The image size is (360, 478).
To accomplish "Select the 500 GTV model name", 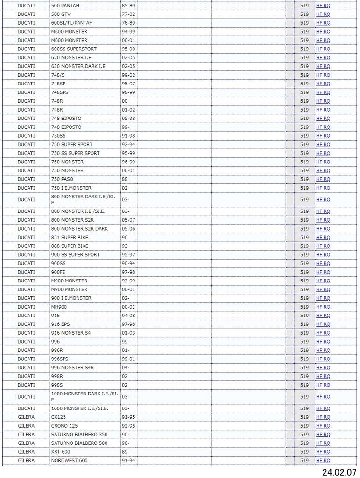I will click(61, 14).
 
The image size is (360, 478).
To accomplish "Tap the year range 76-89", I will click(128, 23).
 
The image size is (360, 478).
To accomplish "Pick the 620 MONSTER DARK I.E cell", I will click(78, 66).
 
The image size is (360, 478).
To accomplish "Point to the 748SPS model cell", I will click(60, 92).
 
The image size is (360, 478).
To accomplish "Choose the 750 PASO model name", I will click(62, 179).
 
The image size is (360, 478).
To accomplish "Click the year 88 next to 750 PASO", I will click(125, 179).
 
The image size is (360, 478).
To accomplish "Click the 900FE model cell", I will click(58, 272).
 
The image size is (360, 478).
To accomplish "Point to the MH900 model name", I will click(59, 307).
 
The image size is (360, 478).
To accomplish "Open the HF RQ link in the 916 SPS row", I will click(323, 324).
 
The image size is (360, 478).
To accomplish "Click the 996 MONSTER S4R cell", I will click(72, 368).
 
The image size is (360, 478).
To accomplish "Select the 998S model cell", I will click(57, 385).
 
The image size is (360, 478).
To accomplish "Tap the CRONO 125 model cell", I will click(64, 426).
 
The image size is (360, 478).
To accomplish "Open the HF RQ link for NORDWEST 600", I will click(323, 461).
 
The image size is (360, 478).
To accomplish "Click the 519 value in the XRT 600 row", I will click(304, 452).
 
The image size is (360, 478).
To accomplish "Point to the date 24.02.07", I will click(339, 471).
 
